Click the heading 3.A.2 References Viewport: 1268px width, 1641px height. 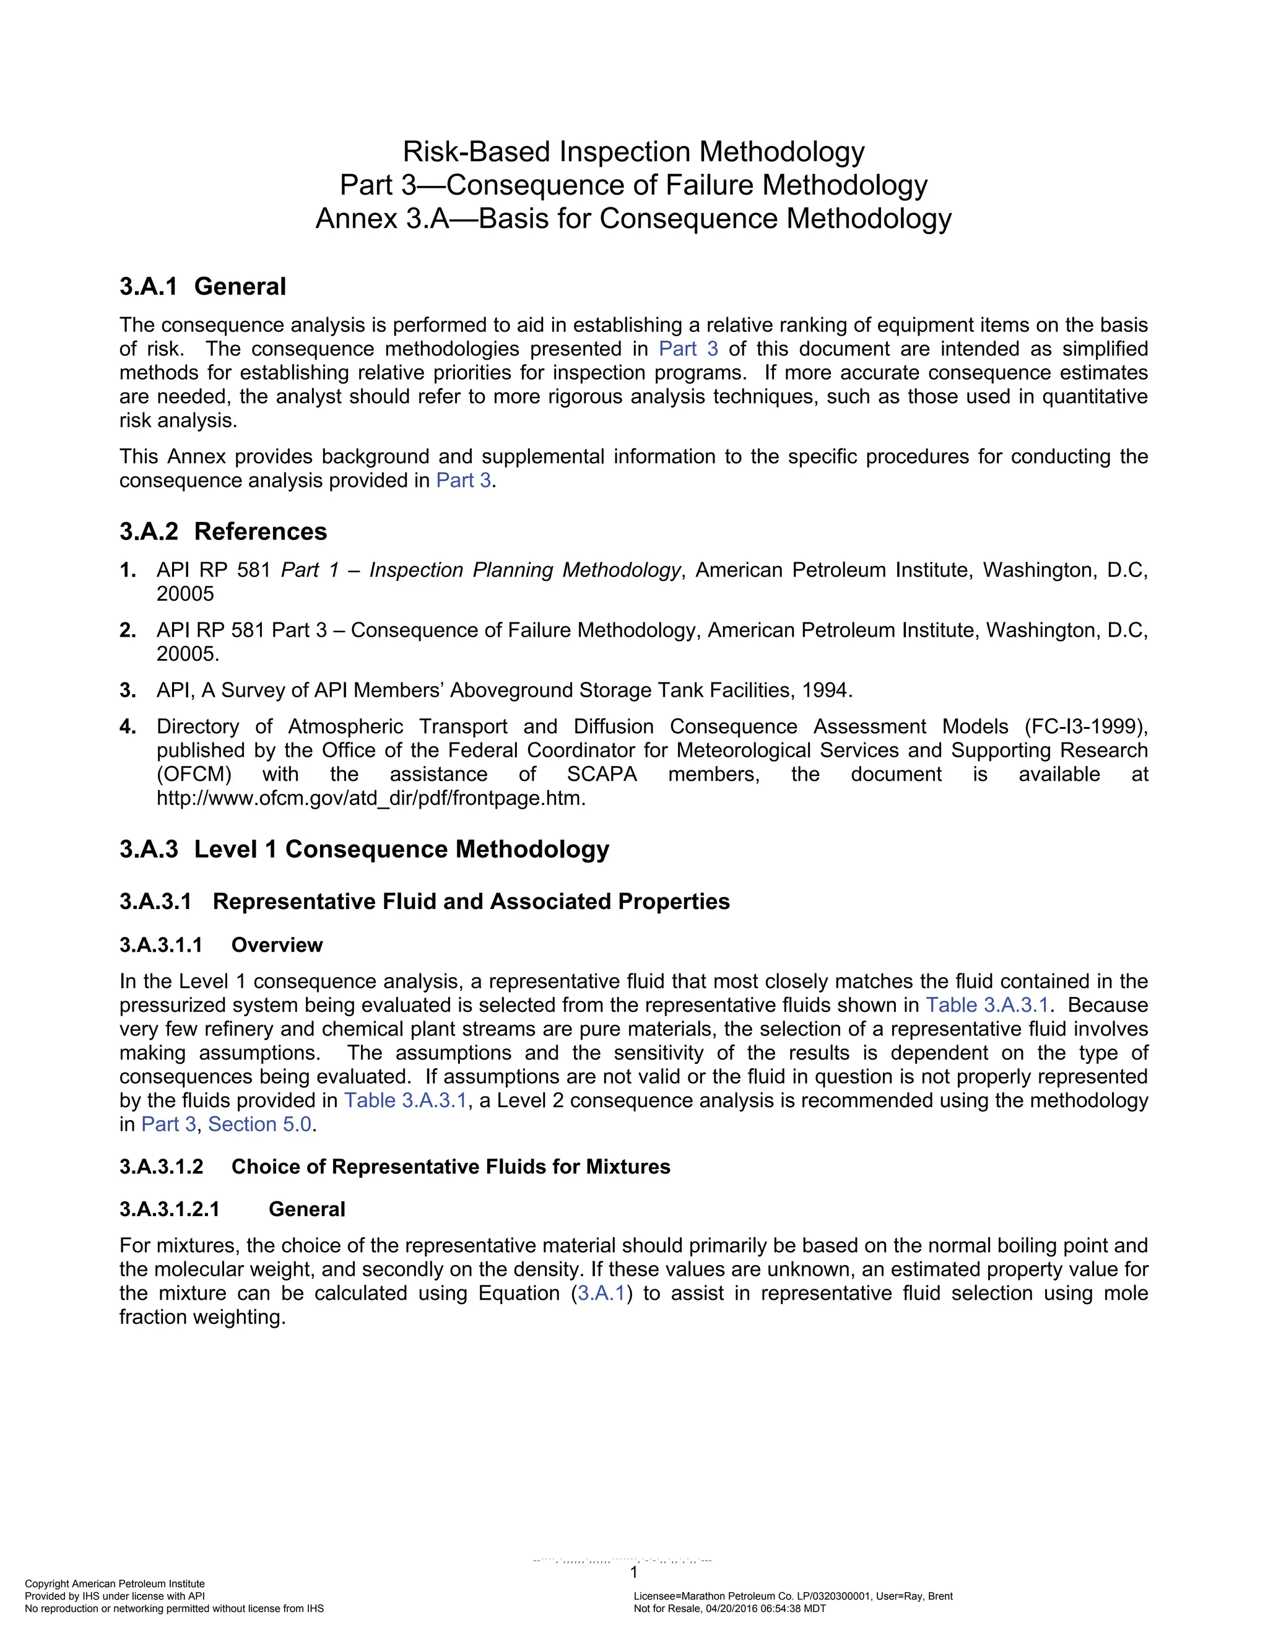click(x=222, y=531)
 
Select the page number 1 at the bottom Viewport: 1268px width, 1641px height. click(x=633, y=1573)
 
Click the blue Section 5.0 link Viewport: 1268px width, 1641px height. click(x=259, y=1124)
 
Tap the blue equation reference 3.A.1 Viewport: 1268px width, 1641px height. click(x=601, y=1293)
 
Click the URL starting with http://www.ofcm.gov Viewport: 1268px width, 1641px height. click(x=370, y=798)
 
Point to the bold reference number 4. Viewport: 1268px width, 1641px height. click(x=127, y=726)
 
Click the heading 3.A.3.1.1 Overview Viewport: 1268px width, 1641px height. click(x=221, y=944)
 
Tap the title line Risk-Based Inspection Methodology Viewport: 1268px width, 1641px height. click(x=633, y=152)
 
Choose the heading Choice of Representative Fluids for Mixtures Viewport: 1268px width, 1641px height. click(x=450, y=1166)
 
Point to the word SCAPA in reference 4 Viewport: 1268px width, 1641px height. click(x=602, y=774)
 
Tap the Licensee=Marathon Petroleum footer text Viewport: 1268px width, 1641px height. click(x=792, y=1596)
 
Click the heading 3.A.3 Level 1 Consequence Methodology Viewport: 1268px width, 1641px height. click(x=363, y=849)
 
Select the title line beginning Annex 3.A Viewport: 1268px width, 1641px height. click(x=633, y=219)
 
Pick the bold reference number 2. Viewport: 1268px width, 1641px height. click(x=127, y=630)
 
